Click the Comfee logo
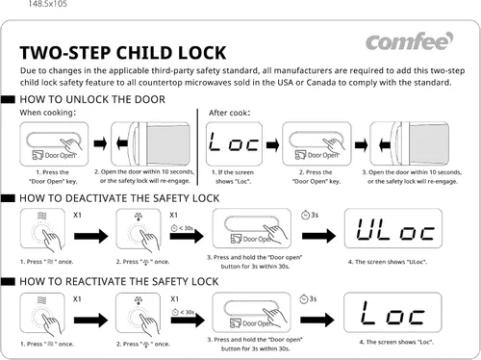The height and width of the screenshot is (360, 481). [x=409, y=41]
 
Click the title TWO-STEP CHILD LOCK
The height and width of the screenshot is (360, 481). [x=123, y=53]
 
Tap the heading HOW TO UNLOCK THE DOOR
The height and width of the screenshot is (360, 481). [x=92, y=99]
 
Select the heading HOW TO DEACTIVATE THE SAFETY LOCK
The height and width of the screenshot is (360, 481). [x=119, y=198]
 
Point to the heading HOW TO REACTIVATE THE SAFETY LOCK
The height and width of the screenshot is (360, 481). [x=119, y=281]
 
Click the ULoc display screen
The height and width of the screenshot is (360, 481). [x=393, y=228]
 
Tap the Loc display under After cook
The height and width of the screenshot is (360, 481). [x=234, y=143]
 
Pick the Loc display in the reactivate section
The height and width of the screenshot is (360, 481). [x=392, y=313]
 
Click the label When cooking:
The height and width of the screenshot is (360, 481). [x=48, y=113]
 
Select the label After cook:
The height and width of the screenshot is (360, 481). [x=229, y=113]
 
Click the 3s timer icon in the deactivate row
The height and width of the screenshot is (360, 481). [x=305, y=215]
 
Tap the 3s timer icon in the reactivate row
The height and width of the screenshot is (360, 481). [x=304, y=299]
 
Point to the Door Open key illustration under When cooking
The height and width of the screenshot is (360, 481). [x=54, y=143]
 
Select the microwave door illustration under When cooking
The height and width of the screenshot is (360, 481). [x=150, y=143]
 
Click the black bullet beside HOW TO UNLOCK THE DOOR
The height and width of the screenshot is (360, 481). [x=8, y=99]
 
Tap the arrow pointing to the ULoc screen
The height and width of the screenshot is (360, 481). [x=318, y=236]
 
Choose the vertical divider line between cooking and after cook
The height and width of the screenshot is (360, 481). [x=197, y=147]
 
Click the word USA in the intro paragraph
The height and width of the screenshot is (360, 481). [x=285, y=83]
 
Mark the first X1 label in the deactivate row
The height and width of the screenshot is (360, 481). [x=77, y=215]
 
